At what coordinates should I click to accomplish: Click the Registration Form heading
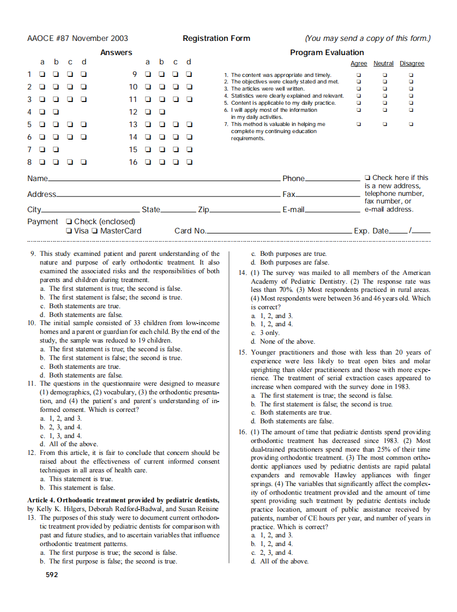(217, 38)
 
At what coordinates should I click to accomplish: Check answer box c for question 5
(70, 124)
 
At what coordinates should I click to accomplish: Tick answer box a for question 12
(147, 112)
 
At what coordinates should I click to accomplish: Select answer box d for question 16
(189, 162)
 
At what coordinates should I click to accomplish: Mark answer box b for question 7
(56, 149)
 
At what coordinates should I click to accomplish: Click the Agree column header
(358, 64)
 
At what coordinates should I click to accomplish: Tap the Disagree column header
(412, 64)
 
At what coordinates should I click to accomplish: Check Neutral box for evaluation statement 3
(384, 89)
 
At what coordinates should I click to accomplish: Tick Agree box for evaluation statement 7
(358, 124)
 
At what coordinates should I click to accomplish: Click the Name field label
(37, 178)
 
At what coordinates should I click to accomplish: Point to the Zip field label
(203, 209)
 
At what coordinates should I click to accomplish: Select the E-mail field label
(293, 209)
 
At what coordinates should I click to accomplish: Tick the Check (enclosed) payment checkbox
(68, 221)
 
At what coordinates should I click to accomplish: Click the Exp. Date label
(371, 231)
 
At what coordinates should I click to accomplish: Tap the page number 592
(51, 574)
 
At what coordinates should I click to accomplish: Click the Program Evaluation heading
(327, 52)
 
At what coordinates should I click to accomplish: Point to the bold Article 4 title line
(123, 500)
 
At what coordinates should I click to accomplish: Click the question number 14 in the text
(243, 273)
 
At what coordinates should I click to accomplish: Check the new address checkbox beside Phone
(368, 178)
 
